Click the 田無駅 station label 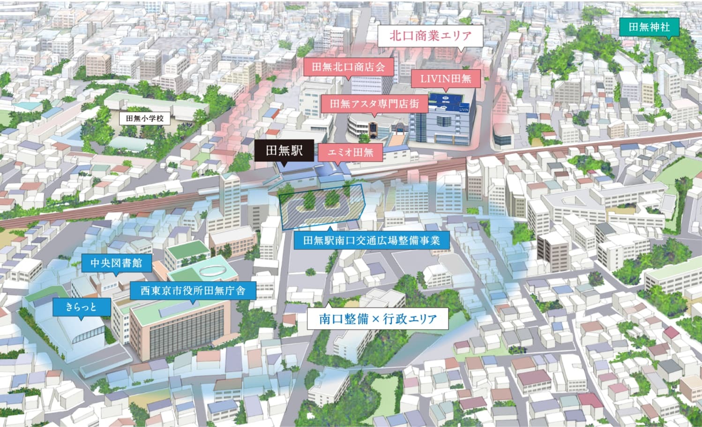(284, 150)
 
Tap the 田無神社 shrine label (649, 27)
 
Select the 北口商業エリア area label (430, 36)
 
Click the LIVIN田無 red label (446, 78)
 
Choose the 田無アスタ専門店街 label (374, 103)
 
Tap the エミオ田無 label (350, 152)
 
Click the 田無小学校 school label (145, 118)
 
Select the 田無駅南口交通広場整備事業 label (371, 241)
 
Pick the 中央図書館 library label (116, 263)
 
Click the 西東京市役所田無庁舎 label (193, 290)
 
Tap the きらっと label (82, 307)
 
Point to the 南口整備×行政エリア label (377, 319)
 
